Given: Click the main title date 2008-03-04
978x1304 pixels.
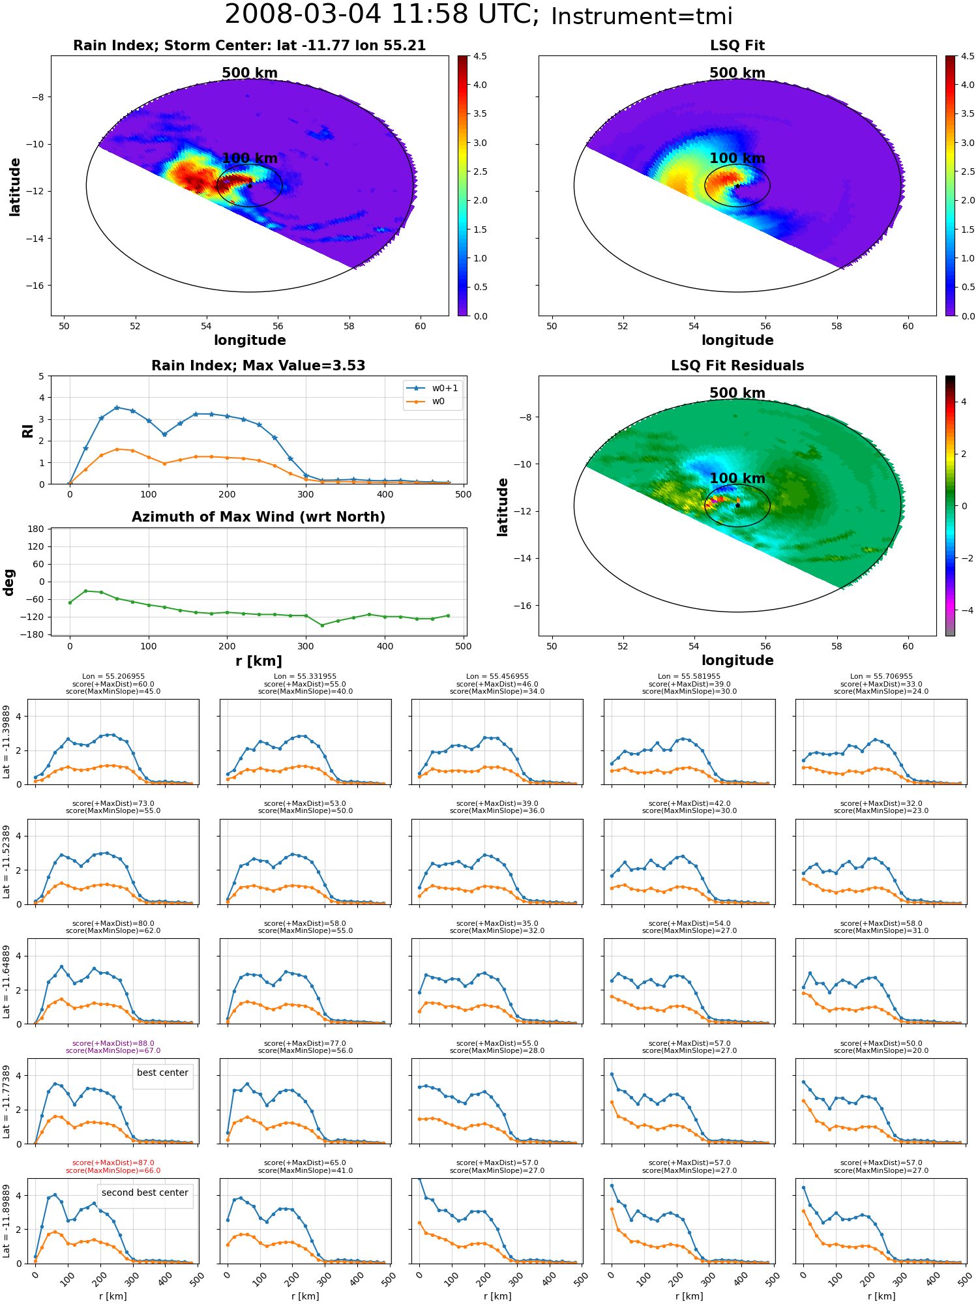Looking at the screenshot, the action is (303, 14).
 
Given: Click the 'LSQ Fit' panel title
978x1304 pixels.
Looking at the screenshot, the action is (737, 46).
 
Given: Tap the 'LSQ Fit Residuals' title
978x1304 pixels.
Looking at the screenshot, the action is (737, 366).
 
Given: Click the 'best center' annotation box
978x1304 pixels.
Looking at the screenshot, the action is (162, 1073).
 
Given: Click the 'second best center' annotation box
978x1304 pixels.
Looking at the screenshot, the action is (145, 1193).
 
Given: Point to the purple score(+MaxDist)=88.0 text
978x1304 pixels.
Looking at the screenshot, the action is (113, 1043).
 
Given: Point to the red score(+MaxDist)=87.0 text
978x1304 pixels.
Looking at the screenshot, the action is (113, 1163).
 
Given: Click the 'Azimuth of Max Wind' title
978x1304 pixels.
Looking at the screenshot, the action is (258, 517).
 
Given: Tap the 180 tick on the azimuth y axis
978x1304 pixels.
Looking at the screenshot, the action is (36, 529).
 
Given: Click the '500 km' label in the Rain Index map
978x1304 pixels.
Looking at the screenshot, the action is (250, 73).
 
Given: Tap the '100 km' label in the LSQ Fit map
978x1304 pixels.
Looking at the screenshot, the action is (737, 158).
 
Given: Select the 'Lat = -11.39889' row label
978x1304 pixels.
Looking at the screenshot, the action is (7, 742).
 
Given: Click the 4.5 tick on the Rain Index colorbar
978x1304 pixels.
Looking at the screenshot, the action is (480, 56).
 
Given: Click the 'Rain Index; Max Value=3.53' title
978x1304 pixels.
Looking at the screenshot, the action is (258, 366).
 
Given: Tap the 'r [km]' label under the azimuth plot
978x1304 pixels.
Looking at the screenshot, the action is (258, 661).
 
